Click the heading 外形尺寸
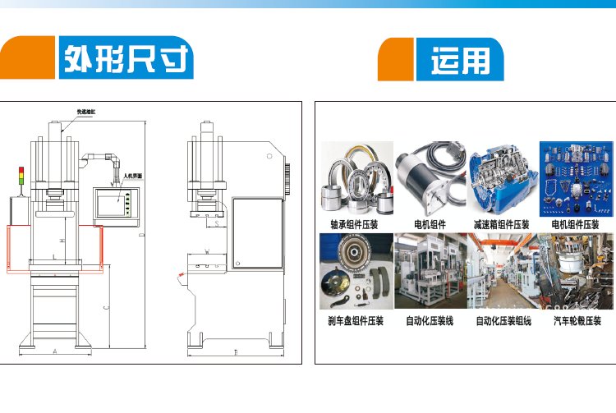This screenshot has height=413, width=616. point(126,59)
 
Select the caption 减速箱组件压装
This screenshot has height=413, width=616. point(501,224)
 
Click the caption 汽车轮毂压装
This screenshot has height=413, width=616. point(577,321)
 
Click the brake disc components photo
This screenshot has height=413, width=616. point(356,273)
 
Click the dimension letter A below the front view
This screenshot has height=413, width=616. point(54,351)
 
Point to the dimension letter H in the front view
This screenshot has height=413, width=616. point(63,241)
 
